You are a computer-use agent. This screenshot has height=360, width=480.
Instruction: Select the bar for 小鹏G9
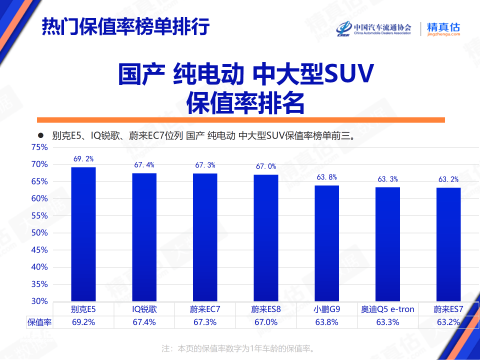(327, 243)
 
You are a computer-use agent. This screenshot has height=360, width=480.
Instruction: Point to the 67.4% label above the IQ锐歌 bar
(144, 165)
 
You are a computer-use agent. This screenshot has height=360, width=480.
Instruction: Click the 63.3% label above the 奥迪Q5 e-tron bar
(388, 179)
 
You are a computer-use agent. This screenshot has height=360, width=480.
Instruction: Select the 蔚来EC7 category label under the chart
(205, 309)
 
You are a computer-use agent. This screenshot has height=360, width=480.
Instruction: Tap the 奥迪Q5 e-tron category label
(388, 309)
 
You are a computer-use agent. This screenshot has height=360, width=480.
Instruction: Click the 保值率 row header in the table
(39, 322)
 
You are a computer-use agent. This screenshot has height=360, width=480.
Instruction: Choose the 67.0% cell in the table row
(266, 322)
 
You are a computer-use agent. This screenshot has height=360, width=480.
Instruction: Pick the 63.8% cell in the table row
(327, 322)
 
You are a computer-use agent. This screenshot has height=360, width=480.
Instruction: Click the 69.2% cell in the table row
(83, 322)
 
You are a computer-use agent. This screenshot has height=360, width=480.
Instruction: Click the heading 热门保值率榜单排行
(125, 26)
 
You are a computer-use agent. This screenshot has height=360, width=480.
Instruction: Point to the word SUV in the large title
(349, 75)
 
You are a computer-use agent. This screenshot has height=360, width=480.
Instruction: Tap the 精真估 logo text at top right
(443, 27)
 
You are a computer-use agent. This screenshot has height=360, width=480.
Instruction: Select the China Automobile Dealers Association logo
(374, 29)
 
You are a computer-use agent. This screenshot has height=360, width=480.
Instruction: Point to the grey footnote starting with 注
(239, 348)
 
